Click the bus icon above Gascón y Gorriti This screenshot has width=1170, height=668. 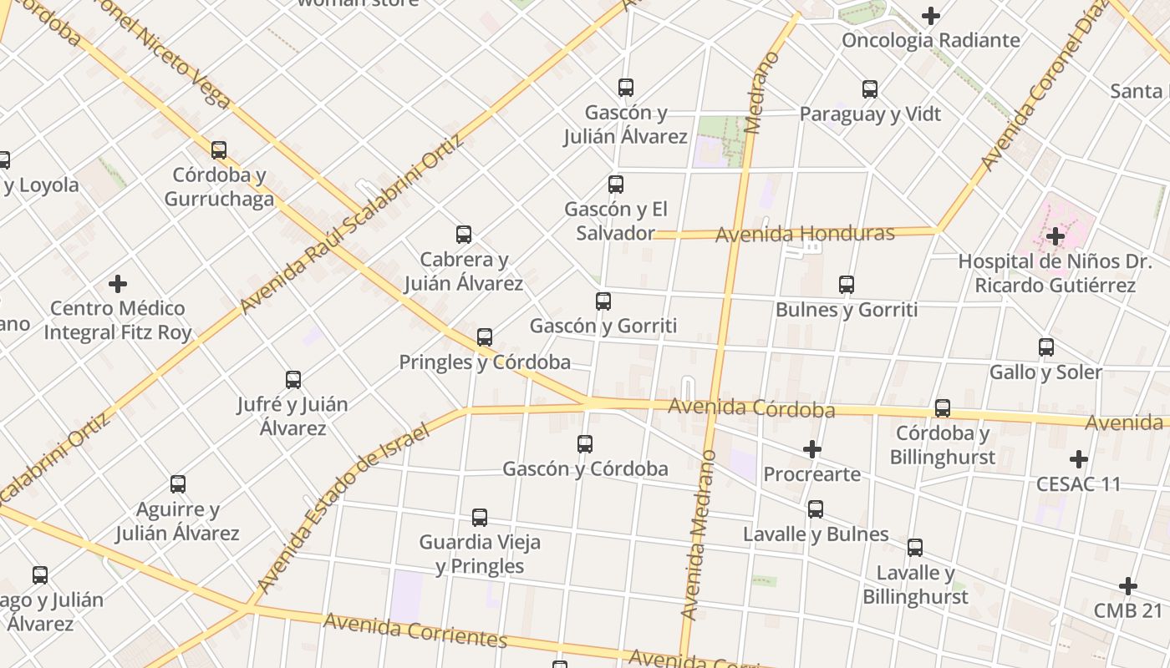(603, 301)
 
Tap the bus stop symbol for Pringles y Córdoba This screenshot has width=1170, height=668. (485, 337)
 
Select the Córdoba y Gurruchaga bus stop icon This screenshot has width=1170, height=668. (219, 150)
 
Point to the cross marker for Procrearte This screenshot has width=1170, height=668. (811, 450)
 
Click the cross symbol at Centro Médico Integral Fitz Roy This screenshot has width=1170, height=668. (118, 284)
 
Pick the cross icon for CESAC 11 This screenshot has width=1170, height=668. (1079, 459)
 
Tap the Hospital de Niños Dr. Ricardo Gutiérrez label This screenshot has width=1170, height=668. (1055, 273)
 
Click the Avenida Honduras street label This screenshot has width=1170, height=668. (804, 234)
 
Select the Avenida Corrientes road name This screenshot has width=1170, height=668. (415, 630)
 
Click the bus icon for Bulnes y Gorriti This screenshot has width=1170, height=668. (847, 285)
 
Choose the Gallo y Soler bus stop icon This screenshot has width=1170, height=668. (1046, 347)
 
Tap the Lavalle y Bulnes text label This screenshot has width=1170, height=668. (816, 534)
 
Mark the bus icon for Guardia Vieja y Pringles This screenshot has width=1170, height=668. (480, 518)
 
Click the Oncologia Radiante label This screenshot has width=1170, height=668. (930, 40)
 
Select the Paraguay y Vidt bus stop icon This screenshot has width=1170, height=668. (870, 89)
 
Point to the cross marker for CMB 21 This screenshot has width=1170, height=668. (1128, 586)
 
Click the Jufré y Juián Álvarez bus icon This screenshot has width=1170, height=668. (293, 380)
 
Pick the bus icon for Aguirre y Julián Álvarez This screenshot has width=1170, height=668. (178, 484)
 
